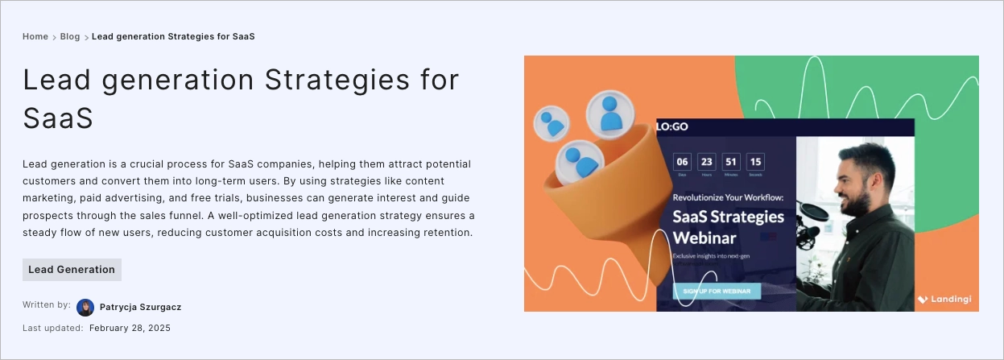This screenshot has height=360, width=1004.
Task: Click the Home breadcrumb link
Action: [x=35, y=36]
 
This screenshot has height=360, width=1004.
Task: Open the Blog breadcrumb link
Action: [x=70, y=36]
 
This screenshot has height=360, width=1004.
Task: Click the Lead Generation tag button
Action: [x=72, y=270]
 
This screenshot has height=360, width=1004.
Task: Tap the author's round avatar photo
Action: [x=85, y=308]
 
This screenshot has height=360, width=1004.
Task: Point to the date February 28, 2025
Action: [x=130, y=328]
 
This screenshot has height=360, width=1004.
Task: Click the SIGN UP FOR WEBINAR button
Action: [x=717, y=291]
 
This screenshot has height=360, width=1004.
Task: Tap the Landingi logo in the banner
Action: [x=944, y=300]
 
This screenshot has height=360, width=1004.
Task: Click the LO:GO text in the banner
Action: [x=672, y=127]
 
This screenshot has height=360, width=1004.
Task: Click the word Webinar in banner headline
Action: [x=704, y=238]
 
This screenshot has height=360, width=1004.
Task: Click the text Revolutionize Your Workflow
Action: [x=728, y=197]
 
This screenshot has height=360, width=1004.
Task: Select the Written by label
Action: [x=47, y=305]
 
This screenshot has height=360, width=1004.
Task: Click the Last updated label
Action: [x=53, y=328]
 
